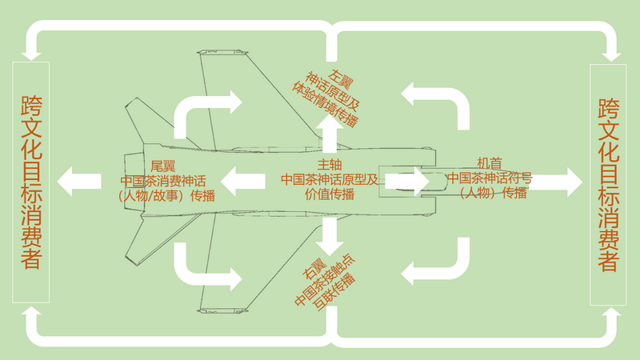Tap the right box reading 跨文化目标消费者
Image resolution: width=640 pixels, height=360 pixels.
coord(608,182)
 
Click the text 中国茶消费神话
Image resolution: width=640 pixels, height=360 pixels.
coord(162,180)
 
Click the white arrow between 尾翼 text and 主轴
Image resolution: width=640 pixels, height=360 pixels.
coord(243,181)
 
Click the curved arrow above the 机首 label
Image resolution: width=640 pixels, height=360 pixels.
coord(440,99)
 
